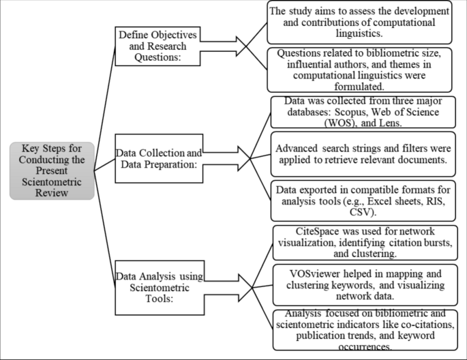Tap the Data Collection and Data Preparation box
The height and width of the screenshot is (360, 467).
(158, 158)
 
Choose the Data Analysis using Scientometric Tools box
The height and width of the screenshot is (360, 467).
(158, 280)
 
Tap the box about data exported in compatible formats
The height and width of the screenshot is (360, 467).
(361, 198)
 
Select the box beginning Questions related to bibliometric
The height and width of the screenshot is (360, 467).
(361, 70)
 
